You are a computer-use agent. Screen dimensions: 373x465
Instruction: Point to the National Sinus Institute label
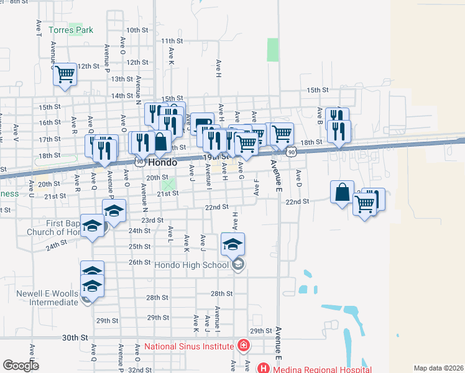[x=189, y=346]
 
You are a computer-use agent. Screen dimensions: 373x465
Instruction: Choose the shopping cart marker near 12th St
[x=65, y=76]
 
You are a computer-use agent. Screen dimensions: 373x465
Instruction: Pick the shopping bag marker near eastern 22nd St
[x=343, y=193]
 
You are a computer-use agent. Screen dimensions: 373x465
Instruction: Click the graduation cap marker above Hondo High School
[x=233, y=244]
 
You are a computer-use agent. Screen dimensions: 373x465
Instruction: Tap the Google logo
[x=21, y=366]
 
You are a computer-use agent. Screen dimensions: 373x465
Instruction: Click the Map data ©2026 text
[x=439, y=368]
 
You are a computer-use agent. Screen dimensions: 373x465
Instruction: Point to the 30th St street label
[x=75, y=338]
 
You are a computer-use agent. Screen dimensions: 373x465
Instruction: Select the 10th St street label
[x=136, y=30]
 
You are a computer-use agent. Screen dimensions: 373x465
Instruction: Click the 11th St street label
[x=171, y=40]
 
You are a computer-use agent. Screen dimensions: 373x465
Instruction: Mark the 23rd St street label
[x=152, y=220]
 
